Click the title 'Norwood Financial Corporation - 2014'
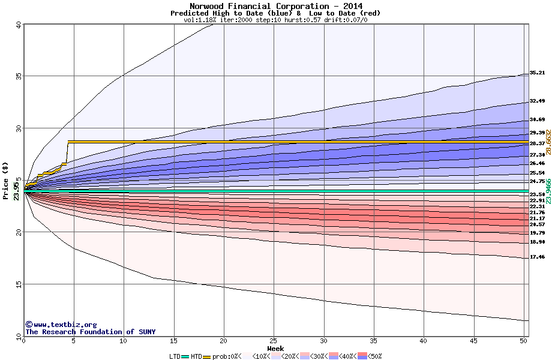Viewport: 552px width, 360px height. pos(275,5)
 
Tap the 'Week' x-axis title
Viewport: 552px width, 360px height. pos(275,348)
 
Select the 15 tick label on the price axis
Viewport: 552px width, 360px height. pos(18,284)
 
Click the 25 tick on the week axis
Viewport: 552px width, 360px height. pos(274,341)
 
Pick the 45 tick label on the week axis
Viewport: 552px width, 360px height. pos(473,341)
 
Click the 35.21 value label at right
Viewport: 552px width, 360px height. pos(537,73)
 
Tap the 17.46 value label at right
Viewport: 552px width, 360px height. pos(537,257)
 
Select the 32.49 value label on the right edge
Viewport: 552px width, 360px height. pos(537,101)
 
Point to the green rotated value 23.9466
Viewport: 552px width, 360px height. pos(548,191)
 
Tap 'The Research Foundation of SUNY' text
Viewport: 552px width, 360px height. pos(90,332)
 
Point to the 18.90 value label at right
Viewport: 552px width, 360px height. pos(537,242)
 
